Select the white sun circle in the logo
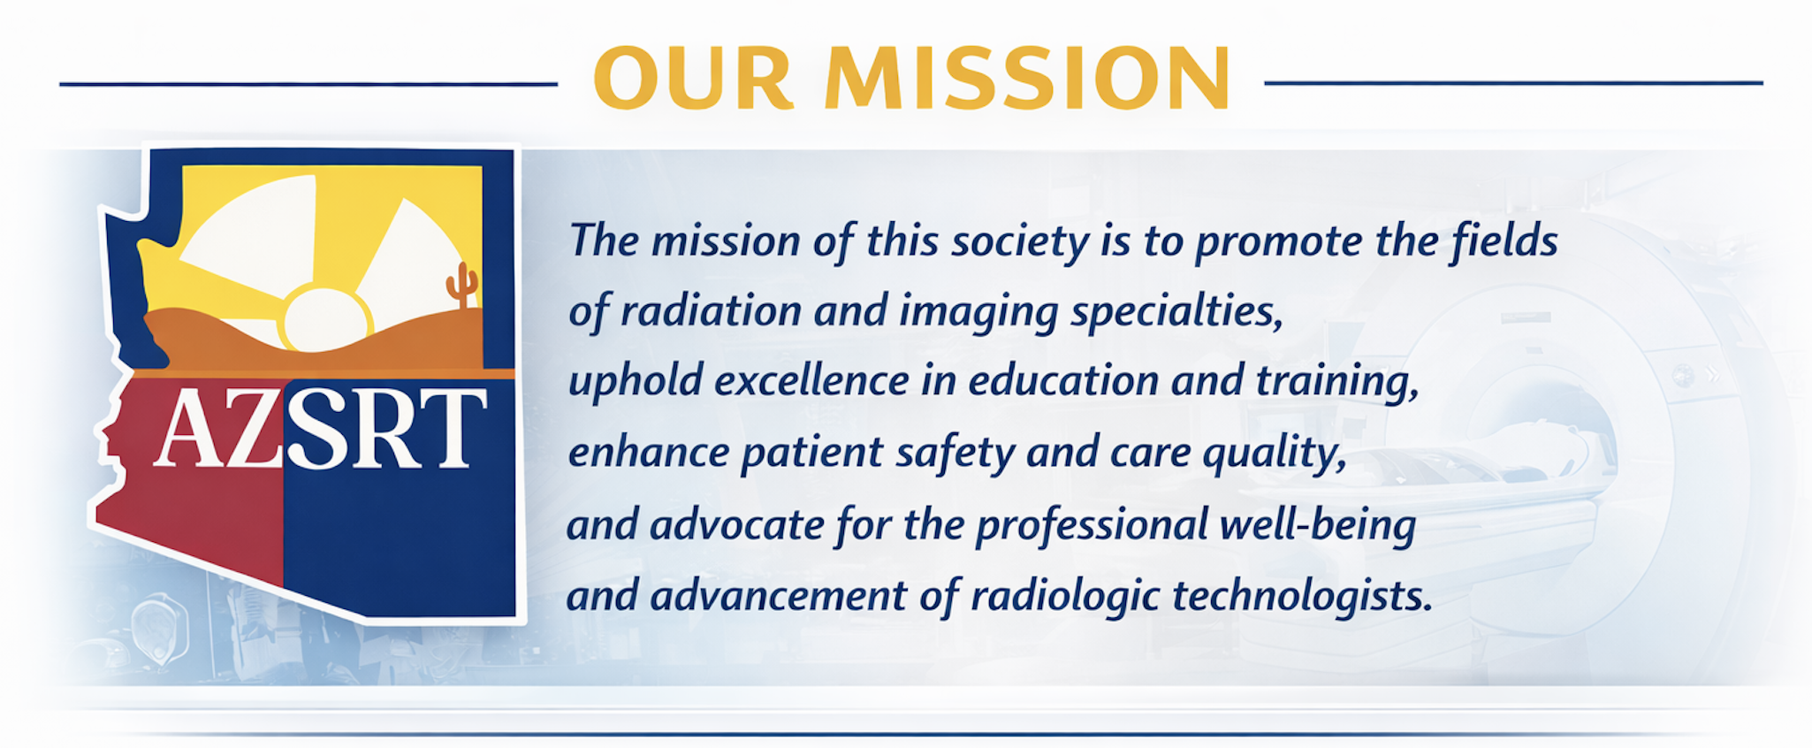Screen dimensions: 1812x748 coord(325,318)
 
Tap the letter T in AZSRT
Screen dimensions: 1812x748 coord(453,428)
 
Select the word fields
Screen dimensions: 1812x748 coord(1504,240)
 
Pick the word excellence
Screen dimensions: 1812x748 coord(811,382)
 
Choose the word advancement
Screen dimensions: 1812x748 coord(778,596)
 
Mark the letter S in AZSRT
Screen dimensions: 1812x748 coord(317,429)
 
